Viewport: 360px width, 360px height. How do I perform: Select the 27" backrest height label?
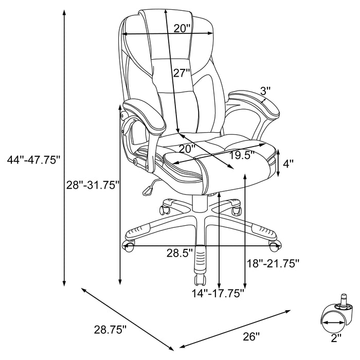[182, 73]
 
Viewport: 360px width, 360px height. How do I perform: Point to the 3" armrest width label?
[265, 91]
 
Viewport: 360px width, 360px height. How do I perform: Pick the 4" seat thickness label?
[289, 164]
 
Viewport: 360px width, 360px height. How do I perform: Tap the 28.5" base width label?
[179, 253]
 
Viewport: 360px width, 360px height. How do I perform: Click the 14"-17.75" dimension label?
[218, 293]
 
